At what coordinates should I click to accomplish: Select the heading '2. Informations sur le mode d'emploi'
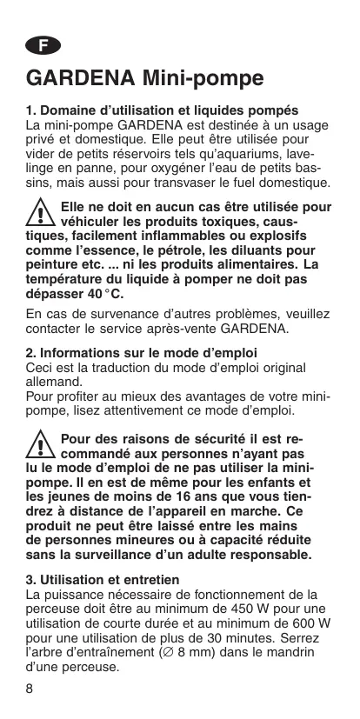[141, 353]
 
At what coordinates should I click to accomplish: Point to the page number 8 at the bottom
[30, 689]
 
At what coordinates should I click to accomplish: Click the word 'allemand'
[54, 382]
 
